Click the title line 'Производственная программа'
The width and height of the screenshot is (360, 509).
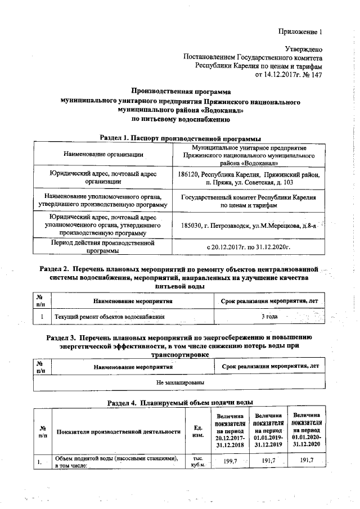coord(181,91)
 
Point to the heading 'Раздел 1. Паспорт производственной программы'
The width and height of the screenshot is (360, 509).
coord(180,137)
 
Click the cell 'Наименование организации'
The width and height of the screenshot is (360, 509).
coord(103,154)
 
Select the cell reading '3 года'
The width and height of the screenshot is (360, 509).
coord(270,317)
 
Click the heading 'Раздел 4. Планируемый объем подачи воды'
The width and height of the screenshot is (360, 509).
coord(180,403)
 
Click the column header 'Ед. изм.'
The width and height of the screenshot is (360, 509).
coord(198,431)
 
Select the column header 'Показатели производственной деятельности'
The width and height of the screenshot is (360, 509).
coord(118,431)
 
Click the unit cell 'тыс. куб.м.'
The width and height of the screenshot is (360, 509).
coord(198,462)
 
